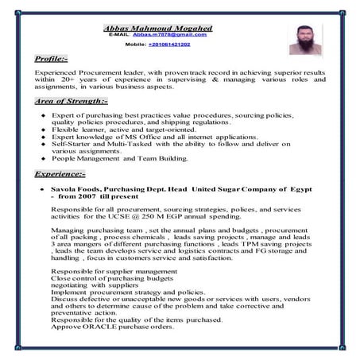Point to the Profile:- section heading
[x=57, y=59]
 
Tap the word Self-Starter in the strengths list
[x=72, y=144]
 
